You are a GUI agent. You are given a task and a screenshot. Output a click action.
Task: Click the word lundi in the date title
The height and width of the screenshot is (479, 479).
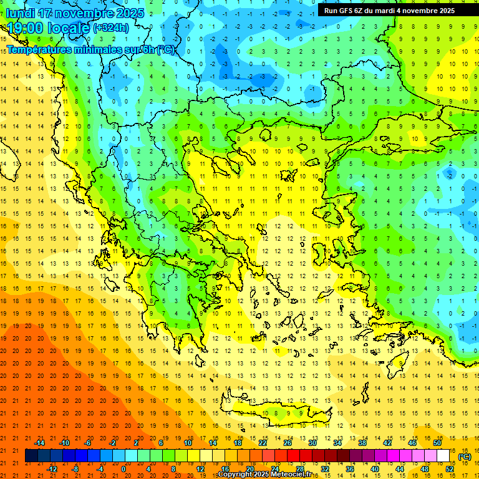(20, 12)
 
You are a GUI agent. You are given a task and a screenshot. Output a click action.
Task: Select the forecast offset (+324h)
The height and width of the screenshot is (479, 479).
(111, 27)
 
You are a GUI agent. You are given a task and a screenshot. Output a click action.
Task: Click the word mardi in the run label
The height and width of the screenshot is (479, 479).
(387, 11)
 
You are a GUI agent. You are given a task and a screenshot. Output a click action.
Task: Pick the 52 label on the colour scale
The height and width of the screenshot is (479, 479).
(450, 468)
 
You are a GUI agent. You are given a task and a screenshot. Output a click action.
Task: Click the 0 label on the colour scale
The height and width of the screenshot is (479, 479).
(123, 468)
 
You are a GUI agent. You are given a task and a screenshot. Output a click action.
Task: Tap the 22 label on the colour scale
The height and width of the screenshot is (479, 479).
(263, 443)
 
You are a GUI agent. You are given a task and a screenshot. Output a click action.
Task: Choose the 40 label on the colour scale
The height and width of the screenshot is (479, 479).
(375, 468)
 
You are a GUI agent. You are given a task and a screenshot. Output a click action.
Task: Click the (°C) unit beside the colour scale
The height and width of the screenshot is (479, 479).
(464, 457)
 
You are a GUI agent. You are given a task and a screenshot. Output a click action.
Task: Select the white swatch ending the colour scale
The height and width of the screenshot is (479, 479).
(443, 456)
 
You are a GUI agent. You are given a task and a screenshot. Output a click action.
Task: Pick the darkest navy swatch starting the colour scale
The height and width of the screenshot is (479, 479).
(31, 456)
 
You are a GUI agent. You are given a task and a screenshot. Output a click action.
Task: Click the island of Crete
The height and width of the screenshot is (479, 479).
(293, 414)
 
